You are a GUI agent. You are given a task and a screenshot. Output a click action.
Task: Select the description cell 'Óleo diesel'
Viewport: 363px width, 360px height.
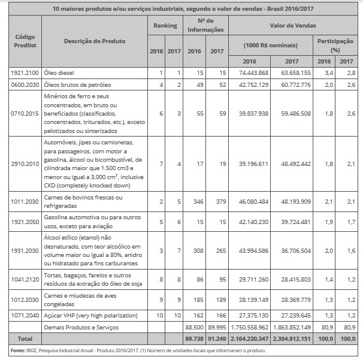click(60, 72)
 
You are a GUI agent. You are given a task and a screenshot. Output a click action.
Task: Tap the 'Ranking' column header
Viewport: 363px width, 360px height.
click(165, 26)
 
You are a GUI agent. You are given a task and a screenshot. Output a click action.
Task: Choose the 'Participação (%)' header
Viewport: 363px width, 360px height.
click(334, 44)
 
